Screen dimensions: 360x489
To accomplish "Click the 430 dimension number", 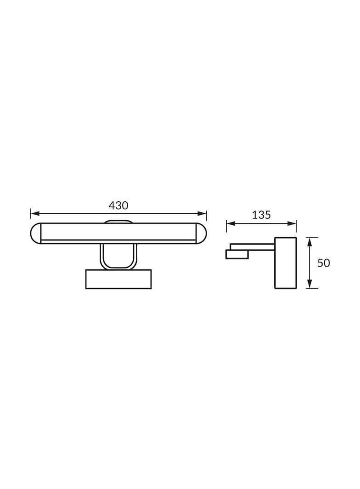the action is (x=118, y=206).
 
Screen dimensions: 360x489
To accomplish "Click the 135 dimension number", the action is (x=261, y=215).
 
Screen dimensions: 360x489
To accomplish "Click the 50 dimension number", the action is (x=323, y=263).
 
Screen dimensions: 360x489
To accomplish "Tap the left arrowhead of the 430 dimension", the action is (x=34, y=214).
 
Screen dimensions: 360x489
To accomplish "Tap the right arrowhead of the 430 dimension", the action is (x=202, y=214).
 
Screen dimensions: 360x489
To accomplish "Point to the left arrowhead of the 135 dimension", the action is (x=231, y=223).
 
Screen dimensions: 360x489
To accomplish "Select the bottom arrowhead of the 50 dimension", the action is (x=309, y=284).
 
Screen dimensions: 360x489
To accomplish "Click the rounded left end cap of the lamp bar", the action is (x=36, y=233).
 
